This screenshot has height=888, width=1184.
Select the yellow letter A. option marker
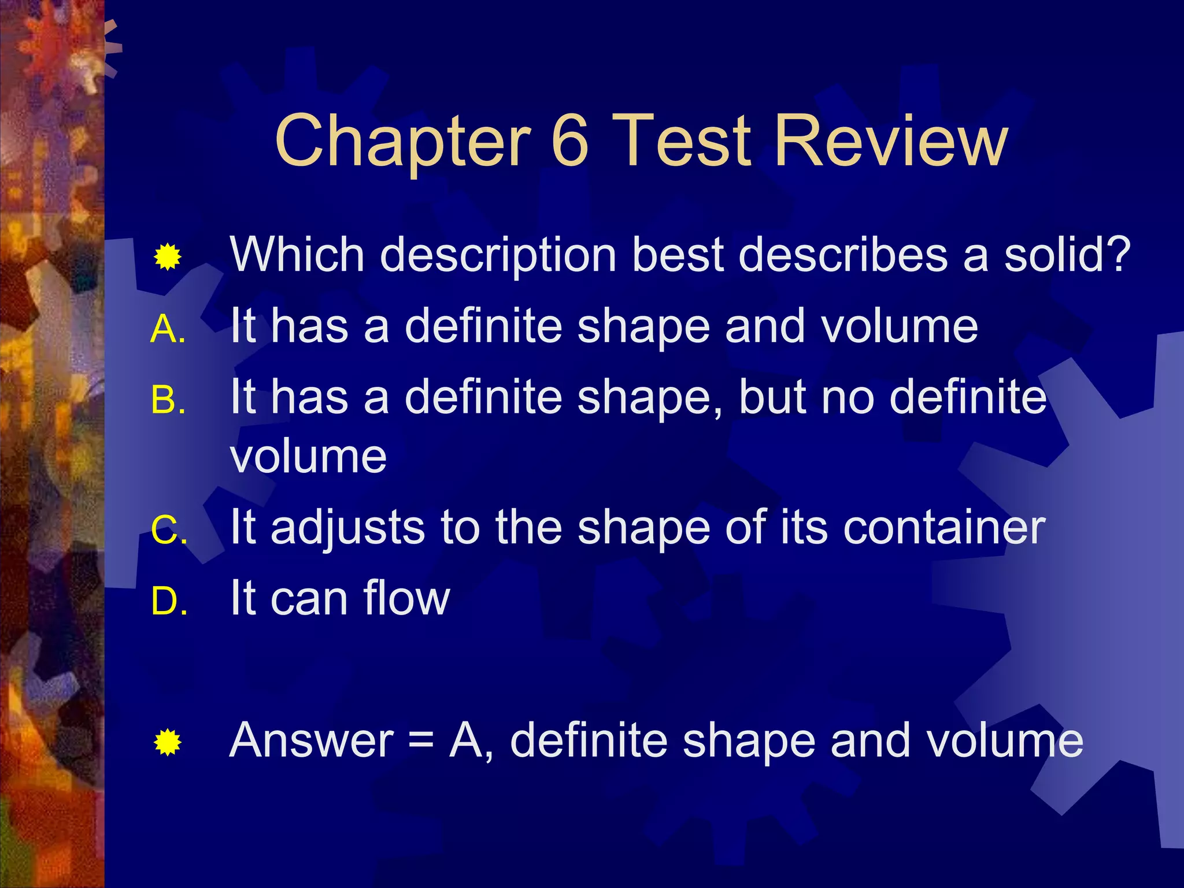(168, 330)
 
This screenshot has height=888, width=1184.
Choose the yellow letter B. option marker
(168, 400)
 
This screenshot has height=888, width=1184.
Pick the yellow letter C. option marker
(169, 530)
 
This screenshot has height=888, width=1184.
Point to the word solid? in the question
(1067, 254)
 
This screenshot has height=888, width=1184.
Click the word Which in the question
(297, 254)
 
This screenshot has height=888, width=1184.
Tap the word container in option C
(944, 527)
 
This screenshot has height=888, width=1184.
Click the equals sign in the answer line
(421, 741)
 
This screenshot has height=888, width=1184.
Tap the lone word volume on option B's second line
(308, 457)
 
